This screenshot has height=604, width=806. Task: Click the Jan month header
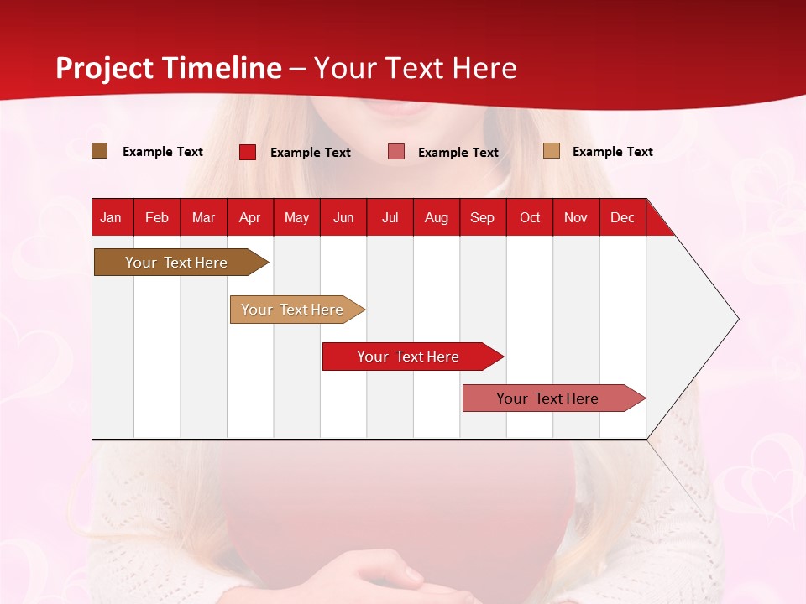point(111,217)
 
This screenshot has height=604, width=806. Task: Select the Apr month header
point(250,217)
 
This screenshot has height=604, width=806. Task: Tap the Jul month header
point(390,217)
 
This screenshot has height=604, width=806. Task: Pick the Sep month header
point(483,217)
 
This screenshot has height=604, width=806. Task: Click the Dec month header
point(622,217)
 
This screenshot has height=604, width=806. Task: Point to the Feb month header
point(157,217)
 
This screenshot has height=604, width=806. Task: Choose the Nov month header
point(576,217)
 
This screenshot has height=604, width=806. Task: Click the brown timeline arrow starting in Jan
point(176,263)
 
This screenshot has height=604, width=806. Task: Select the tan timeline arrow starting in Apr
point(292,310)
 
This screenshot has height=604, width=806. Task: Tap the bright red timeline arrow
point(408,357)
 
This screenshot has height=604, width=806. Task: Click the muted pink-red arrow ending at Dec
point(547,398)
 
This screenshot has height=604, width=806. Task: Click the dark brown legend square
point(100,151)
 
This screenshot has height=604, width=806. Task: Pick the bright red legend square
point(248,152)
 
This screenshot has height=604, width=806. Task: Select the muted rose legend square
point(396,152)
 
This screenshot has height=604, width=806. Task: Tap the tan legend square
point(552,151)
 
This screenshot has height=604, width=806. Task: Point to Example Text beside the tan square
point(612,152)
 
